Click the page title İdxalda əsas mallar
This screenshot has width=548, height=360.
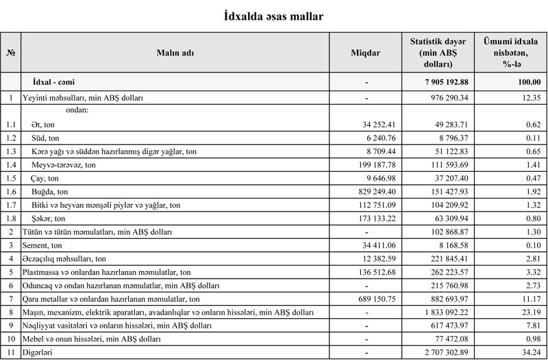pos(274,15)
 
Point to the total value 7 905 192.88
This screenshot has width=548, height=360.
pos(442,82)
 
